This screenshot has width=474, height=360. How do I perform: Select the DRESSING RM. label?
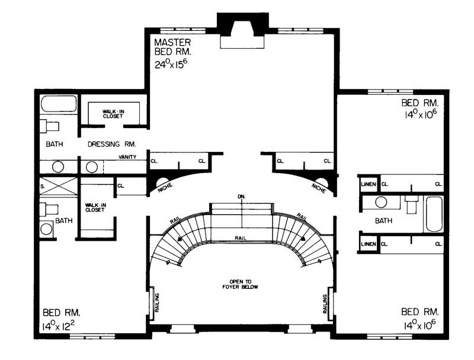[x=112, y=144]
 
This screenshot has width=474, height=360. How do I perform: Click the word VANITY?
[x=127, y=157]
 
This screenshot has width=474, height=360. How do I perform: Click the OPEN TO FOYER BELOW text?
[x=241, y=283]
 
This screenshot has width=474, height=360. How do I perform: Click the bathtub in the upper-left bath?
[x=58, y=105]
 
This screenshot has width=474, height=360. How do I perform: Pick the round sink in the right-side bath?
[x=381, y=203]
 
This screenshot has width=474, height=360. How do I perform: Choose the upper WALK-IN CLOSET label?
[x=112, y=113]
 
